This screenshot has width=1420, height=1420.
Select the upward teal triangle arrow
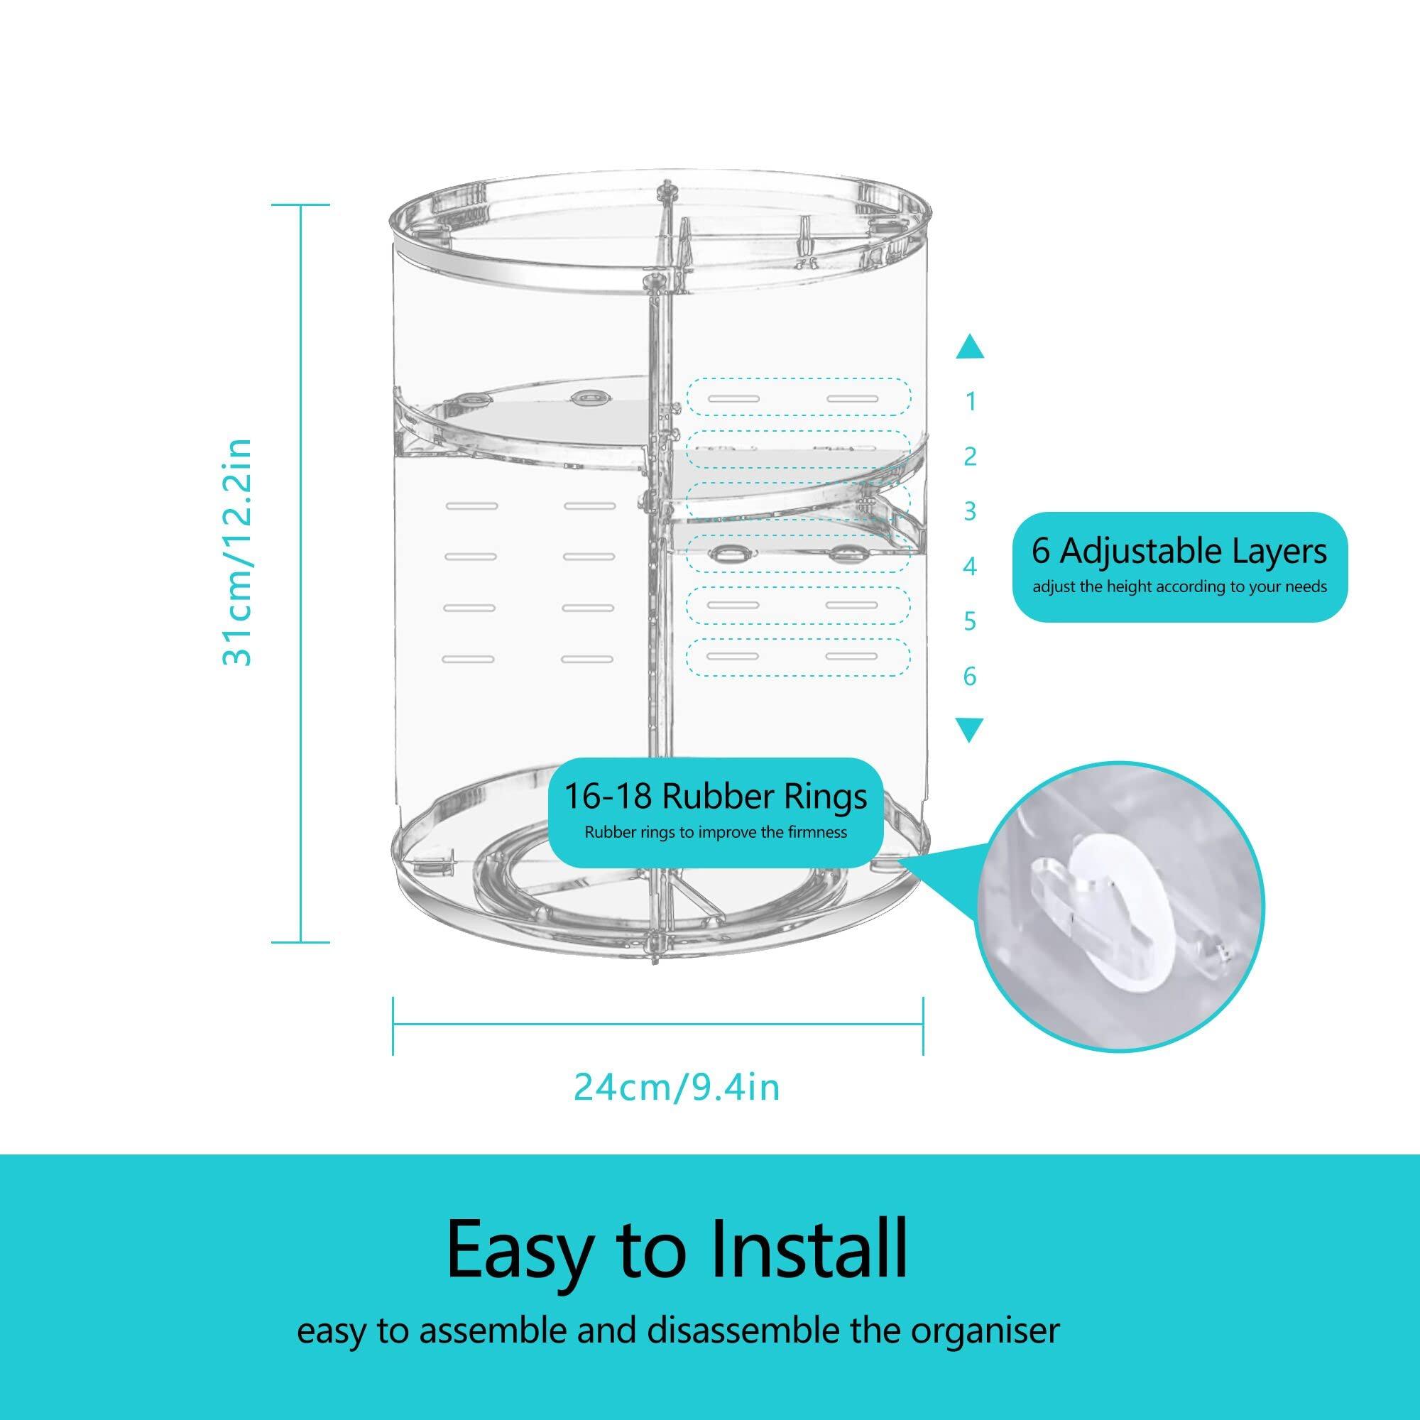pyautogui.click(x=970, y=346)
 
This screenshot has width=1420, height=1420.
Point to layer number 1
pyautogui.click(x=970, y=402)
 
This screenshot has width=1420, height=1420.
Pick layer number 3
pyautogui.click(x=970, y=510)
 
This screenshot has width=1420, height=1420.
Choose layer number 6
pyautogui.click(x=970, y=675)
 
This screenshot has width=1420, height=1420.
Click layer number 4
pyautogui.click(x=970, y=567)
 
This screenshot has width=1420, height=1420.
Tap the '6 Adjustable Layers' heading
pyautogui.click(x=1179, y=552)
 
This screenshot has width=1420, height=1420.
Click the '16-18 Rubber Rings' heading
pyautogui.click(x=715, y=797)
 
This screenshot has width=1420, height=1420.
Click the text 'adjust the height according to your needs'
pyautogui.click(x=1179, y=587)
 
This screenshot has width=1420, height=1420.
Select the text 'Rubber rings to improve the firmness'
pyautogui.click(x=715, y=833)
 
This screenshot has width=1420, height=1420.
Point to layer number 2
pyautogui.click(x=970, y=457)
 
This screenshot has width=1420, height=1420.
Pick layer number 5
pyautogui.click(x=970, y=621)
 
